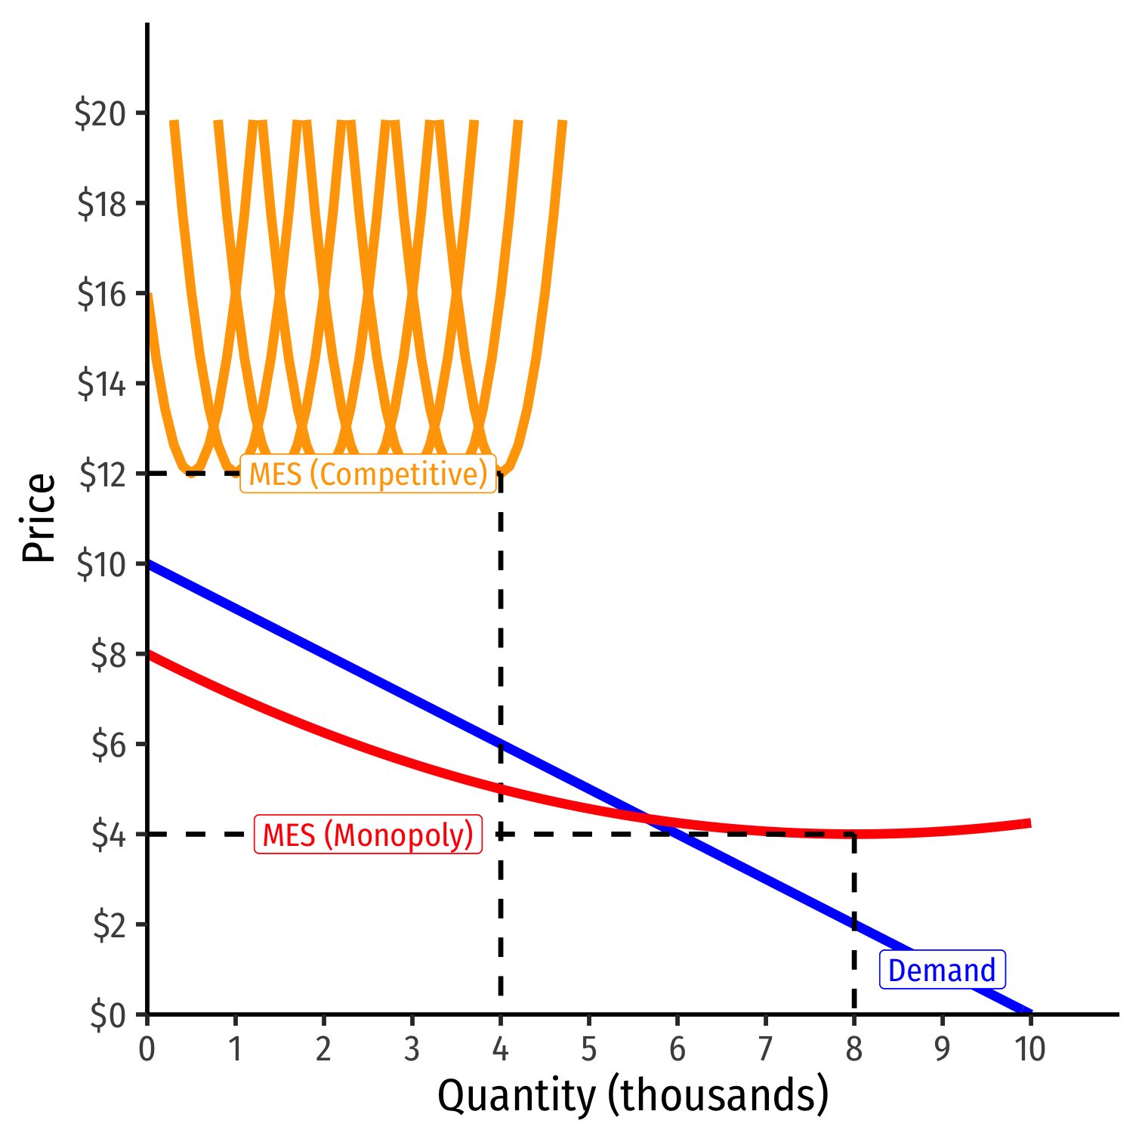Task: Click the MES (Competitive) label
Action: point(368,474)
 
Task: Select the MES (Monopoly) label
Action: point(368,835)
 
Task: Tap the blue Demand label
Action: point(942,971)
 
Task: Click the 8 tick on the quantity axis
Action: point(854,1049)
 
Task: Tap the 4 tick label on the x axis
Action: point(500,1049)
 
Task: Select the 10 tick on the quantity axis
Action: point(1030,1049)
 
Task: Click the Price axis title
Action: point(39,518)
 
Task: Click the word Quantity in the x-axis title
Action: point(517,1096)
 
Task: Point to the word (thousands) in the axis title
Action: point(718,1096)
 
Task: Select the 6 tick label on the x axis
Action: point(677,1049)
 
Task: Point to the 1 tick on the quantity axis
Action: point(236,1049)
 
